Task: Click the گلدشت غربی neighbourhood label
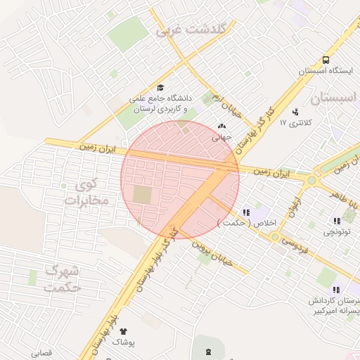click(191, 30)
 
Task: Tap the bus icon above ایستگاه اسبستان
click(326, 60)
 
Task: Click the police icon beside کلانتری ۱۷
click(295, 111)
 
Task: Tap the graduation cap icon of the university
click(160, 88)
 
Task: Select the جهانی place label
click(222, 139)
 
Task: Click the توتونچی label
click(335, 231)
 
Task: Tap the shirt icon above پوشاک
click(124, 330)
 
